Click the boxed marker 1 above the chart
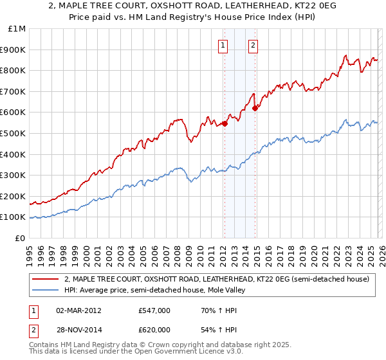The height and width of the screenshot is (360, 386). coord(223,45)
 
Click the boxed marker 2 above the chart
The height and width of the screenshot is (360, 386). coord(253,45)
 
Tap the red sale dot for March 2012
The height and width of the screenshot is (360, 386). coord(225,123)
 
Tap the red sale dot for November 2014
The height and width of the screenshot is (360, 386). coord(255,108)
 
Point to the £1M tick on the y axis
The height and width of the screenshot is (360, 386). coord(18,29)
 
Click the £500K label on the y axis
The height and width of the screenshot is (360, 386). coord(14,133)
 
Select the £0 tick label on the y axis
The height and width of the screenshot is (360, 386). coord(20,238)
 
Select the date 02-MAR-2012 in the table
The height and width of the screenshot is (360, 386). coord(78,310)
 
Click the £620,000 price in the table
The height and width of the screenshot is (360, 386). coord(154,330)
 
